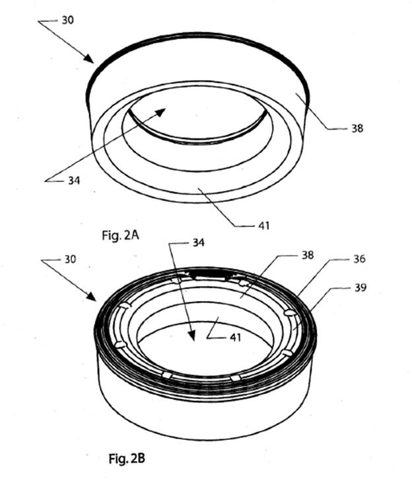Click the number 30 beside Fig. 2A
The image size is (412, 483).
(x=67, y=20)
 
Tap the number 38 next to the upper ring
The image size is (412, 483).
(x=357, y=130)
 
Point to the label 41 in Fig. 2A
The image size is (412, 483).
(x=263, y=226)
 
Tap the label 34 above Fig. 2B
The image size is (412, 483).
(x=198, y=243)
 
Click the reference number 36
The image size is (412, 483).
(x=359, y=260)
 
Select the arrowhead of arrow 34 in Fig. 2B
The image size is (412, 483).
(x=193, y=341)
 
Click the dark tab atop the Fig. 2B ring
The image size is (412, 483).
(x=209, y=272)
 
